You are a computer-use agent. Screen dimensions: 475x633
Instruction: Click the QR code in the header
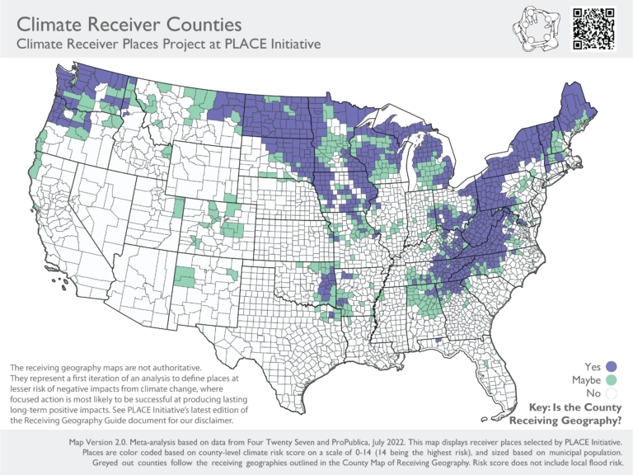pos(593,29)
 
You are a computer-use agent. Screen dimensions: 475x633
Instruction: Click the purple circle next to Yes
pos(612,366)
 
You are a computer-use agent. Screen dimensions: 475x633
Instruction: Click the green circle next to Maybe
pos(612,380)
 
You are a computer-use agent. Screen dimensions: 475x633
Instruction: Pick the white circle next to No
pos(612,394)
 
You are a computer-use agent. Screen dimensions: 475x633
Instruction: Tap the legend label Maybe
pos(586,380)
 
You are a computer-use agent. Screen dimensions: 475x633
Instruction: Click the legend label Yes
pos(593,366)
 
